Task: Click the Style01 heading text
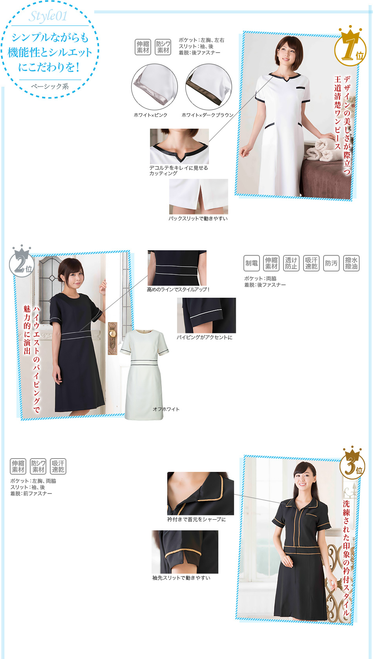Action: [x=48, y=16]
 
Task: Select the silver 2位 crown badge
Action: [x=22, y=260]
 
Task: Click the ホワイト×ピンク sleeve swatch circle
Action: [x=155, y=87]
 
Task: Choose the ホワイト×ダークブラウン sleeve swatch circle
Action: [x=209, y=87]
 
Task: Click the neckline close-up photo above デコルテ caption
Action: [x=179, y=146]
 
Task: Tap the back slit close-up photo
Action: [x=198, y=197]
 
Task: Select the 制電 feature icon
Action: [x=251, y=263]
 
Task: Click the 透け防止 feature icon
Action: [x=291, y=263]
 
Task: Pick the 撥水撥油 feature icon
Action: [x=351, y=263]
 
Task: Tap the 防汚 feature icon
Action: [x=331, y=263]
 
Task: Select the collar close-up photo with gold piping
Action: [x=201, y=493]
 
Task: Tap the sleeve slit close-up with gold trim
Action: [x=185, y=552]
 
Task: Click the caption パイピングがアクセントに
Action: [x=205, y=337]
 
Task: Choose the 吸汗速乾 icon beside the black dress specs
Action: [x=58, y=466]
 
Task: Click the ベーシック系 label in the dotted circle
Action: [x=50, y=86]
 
